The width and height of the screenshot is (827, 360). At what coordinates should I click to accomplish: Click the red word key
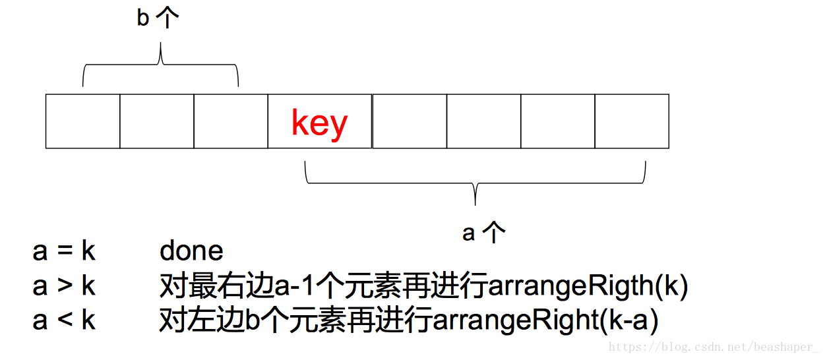[x=319, y=123]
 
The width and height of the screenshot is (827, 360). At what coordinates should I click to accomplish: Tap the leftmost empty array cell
[x=82, y=121]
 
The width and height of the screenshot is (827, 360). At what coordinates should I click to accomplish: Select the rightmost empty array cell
[x=631, y=121]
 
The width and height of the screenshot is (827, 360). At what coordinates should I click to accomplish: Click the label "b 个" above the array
[x=158, y=18]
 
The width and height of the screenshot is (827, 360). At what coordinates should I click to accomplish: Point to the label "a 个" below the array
[x=483, y=232]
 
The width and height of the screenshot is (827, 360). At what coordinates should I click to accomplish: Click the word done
[x=191, y=251]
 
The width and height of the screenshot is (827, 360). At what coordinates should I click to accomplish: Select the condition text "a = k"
[x=64, y=251]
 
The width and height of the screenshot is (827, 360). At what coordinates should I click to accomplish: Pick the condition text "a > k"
[x=64, y=286]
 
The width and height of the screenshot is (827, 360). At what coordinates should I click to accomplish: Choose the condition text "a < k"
[x=64, y=320]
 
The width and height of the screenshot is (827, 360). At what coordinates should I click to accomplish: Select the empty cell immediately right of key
[x=409, y=121]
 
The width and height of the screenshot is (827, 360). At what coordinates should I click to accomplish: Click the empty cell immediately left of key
[x=230, y=121]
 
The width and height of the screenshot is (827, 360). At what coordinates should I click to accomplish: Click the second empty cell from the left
[x=156, y=121]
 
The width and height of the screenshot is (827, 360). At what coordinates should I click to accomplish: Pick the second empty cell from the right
[x=557, y=121]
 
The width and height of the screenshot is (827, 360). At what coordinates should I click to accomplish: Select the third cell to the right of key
[x=557, y=121]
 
